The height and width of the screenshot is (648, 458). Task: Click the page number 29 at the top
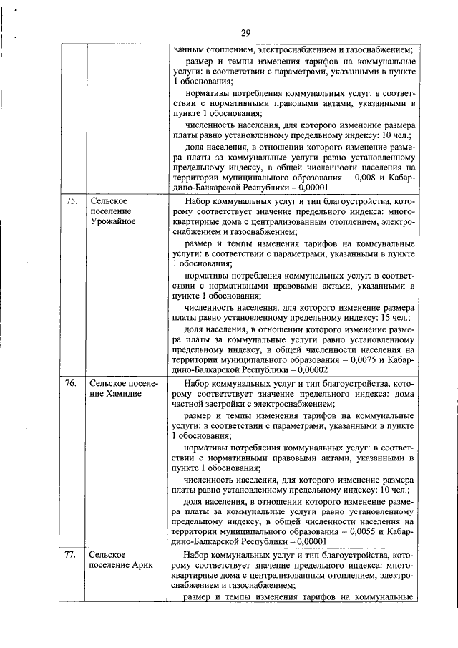tap(245, 33)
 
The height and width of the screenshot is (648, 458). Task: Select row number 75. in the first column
tap(71, 200)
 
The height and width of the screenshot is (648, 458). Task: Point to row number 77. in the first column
tap(71, 555)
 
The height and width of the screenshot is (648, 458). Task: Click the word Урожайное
tap(113, 222)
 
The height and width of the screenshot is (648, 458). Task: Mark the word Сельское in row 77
tap(109, 555)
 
